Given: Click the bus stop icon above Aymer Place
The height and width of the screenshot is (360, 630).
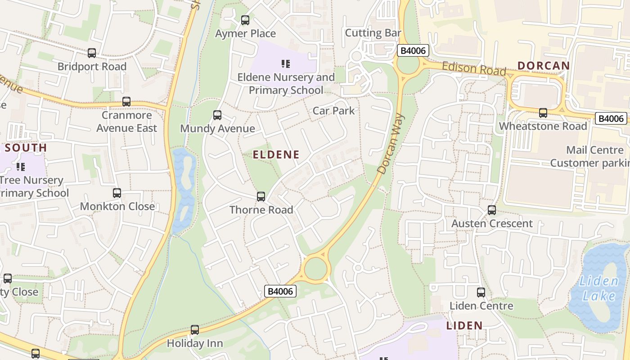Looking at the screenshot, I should click(x=245, y=20).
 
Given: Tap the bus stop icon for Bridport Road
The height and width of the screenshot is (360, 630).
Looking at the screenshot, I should click(x=92, y=53).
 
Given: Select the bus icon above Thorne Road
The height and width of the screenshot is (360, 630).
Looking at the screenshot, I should click(x=261, y=197).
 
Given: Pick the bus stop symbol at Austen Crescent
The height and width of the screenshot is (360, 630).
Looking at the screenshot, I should click(x=492, y=210).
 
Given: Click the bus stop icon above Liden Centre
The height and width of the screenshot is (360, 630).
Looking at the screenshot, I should click(x=481, y=292).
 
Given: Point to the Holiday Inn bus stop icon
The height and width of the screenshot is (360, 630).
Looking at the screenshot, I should click(x=195, y=330).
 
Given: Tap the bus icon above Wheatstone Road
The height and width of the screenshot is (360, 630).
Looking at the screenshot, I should click(x=543, y=113).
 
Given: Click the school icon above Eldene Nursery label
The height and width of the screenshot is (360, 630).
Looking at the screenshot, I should click(x=286, y=64).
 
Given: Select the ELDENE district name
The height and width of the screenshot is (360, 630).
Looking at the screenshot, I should click(x=276, y=155).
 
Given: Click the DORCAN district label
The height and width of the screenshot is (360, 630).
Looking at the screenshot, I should click(x=544, y=66).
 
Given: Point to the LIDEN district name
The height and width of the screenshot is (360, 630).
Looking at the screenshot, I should click(x=464, y=325).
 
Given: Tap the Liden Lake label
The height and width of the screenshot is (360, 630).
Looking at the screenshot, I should click(x=598, y=289).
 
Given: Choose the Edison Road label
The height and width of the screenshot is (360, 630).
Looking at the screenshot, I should click(x=474, y=68).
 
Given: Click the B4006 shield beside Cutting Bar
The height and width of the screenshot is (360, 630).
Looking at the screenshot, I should click(x=413, y=50).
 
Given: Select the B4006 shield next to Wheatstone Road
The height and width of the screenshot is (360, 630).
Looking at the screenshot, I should click(x=611, y=118).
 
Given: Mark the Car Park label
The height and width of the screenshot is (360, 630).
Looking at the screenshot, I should click(x=333, y=111).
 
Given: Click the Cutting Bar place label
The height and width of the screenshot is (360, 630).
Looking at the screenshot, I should click(x=373, y=33).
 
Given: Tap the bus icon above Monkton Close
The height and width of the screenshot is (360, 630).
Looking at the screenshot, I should click(x=117, y=193).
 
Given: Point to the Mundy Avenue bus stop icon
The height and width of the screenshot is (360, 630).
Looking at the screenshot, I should click(x=217, y=115).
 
